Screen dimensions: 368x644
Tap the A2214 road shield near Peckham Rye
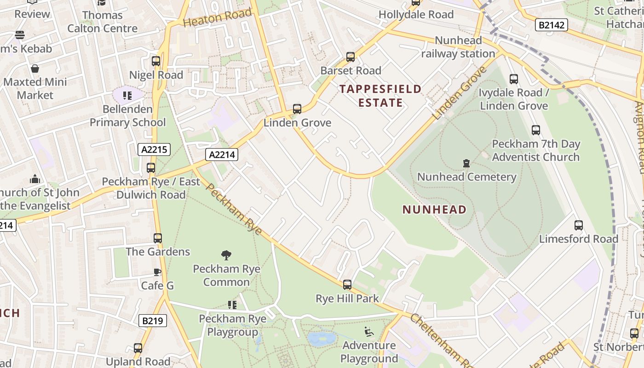click(x=222, y=155)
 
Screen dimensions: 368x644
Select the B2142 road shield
click(x=551, y=25)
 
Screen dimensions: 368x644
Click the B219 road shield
click(x=152, y=320)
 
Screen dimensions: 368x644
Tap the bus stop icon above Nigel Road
click(x=156, y=61)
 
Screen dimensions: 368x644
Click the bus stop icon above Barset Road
click(x=351, y=57)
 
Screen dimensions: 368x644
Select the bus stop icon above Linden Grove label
click(x=297, y=109)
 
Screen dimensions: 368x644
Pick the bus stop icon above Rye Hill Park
click(x=347, y=285)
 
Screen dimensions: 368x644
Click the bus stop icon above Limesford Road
click(x=579, y=225)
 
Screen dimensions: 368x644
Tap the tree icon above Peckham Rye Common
click(x=226, y=255)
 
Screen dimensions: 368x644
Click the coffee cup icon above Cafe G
click(x=157, y=272)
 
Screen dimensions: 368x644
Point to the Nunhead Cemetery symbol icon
click(x=466, y=163)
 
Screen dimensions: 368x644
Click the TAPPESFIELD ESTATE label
click(x=380, y=96)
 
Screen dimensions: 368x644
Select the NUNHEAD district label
click(x=434, y=210)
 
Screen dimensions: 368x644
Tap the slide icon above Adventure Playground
click(x=369, y=332)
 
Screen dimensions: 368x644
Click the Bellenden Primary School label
click(x=127, y=116)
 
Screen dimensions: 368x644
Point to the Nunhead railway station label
click(x=458, y=47)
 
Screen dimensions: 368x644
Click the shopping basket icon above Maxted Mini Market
click(x=35, y=69)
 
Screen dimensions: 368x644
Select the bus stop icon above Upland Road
click(x=138, y=348)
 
